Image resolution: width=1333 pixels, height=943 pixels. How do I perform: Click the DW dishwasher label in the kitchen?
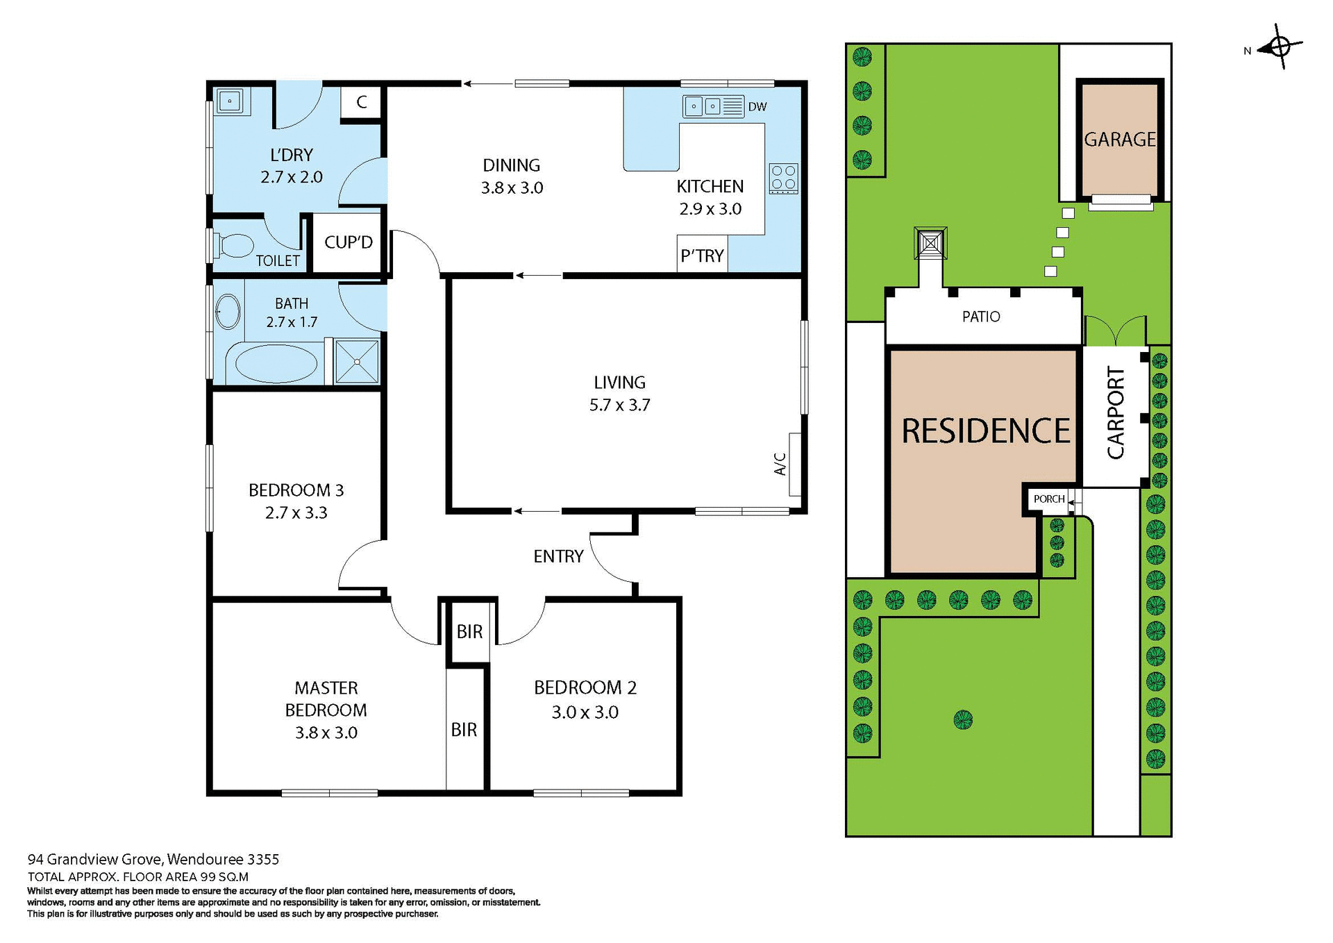[x=757, y=107]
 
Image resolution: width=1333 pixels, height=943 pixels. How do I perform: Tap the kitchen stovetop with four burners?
[x=784, y=178]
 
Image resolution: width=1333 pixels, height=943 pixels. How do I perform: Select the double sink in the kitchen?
[x=703, y=106]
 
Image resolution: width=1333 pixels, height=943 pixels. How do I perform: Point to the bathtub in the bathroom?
[x=276, y=363]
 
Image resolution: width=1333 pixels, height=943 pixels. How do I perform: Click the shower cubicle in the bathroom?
[x=356, y=361]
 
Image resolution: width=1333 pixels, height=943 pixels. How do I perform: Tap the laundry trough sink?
[x=229, y=101]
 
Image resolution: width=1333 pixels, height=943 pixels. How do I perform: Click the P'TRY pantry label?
[x=702, y=256]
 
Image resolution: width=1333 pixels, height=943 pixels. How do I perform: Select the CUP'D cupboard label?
[x=349, y=242]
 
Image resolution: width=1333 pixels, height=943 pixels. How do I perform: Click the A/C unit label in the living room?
[x=780, y=464]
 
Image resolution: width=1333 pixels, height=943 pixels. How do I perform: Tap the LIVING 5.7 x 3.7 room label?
[x=619, y=393]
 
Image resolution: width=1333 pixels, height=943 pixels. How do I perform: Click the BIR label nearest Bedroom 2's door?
[x=469, y=632]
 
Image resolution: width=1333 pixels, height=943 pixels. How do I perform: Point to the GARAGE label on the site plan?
[x=1119, y=140]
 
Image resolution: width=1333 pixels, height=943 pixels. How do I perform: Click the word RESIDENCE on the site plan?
[x=985, y=431]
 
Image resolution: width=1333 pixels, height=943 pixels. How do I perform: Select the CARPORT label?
[x=1115, y=412]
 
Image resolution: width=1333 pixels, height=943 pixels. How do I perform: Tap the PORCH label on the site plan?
[x=1048, y=499]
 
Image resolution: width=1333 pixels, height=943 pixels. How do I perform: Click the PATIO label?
[x=980, y=317]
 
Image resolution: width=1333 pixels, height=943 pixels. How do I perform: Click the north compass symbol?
[x=1280, y=47]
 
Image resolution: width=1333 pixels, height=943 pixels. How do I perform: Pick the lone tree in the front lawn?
[x=962, y=719]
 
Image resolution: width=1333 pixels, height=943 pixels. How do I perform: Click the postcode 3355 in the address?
[x=263, y=860]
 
